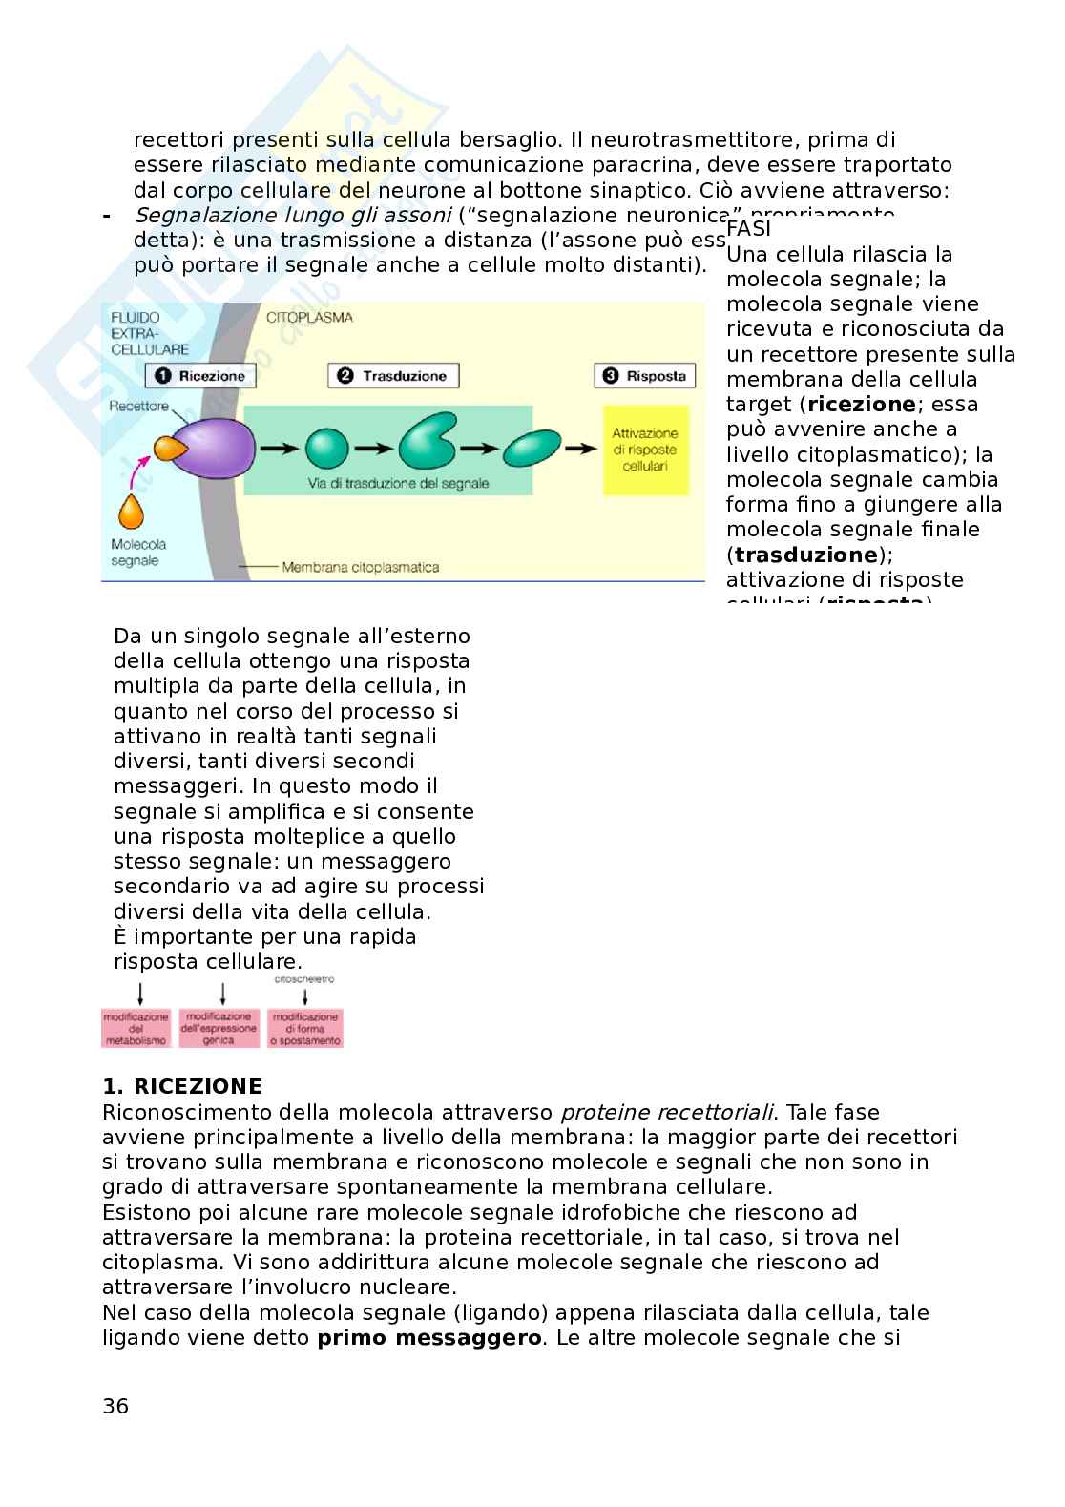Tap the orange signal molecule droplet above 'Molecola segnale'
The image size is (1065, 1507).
pyautogui.click(x=132, y=512)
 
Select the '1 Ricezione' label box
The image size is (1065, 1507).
pyautogui.click(x=200, y=376)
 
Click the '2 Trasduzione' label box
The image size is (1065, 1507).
pyautogui.click(x=392, y=376)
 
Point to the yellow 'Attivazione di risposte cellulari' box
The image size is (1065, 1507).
pyautogui.click(x=645, y=450)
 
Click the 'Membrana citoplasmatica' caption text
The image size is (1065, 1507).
pyautogui.click(x=360, y=568)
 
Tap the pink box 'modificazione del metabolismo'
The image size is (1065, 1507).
pyautogui.click(x=136, y=1029)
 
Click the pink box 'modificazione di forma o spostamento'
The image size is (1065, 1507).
pyautogui.click(x=305, y=1029)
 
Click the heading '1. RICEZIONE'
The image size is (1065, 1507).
pyautogui.click(x=182, y=1087)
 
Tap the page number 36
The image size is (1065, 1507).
pyautogui.click(x=115, y=1406)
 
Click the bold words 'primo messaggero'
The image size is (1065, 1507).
pyautogui.click(x=429, y=1337)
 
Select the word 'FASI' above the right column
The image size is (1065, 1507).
pyautogui.click(x=749, y=229)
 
